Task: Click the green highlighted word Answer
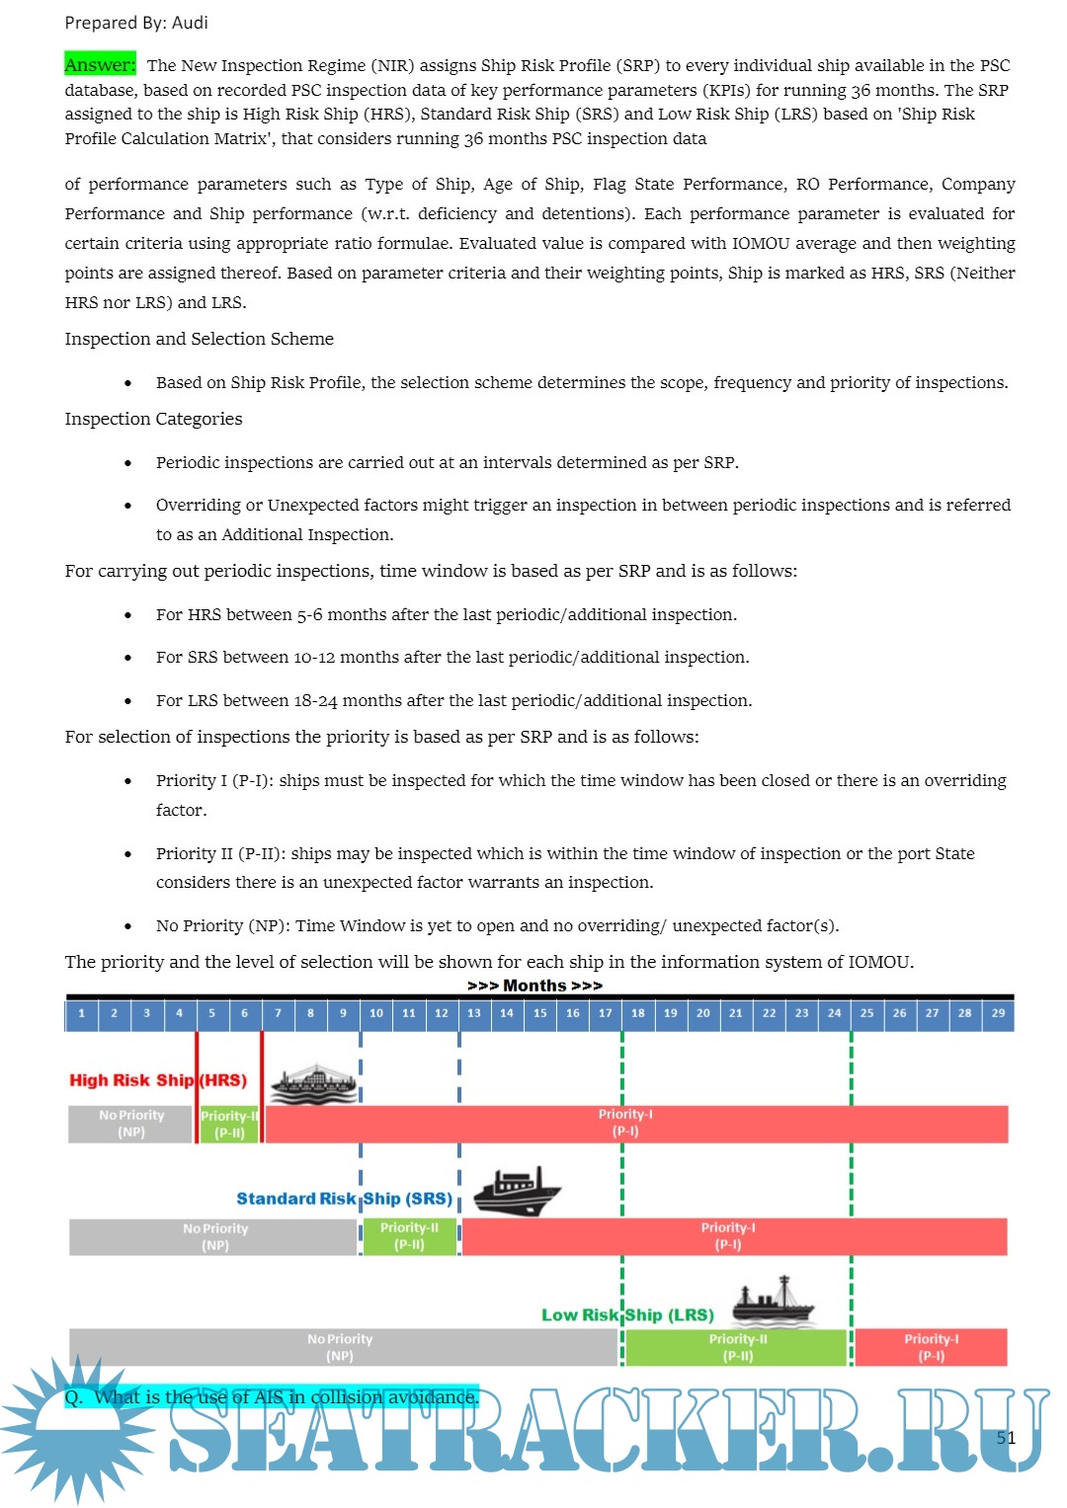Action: [100, 65]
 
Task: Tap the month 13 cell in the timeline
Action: [474, 1013]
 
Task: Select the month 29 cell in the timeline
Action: [998, 1013]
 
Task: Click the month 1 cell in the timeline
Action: [82, 1013]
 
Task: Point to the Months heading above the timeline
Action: [534, 986]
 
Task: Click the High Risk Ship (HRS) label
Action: [158, 1080]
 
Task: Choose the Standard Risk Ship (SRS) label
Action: [344, 1199]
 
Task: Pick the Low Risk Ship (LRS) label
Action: [627, 1315]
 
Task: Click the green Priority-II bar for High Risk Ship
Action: [229, 1125]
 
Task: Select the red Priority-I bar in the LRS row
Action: [931, 1347]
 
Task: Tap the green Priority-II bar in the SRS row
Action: [409, 1236]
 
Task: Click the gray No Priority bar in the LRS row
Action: [341, 1347]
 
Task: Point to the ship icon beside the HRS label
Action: [314, 1084]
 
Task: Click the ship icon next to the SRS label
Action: [516, 1191]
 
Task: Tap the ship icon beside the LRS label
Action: [774, 1302]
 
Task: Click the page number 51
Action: [1006, 1438]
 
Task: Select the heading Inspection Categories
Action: [153, 419]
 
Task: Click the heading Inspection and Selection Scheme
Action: [199, 339]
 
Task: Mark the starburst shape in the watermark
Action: [77, 1428]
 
